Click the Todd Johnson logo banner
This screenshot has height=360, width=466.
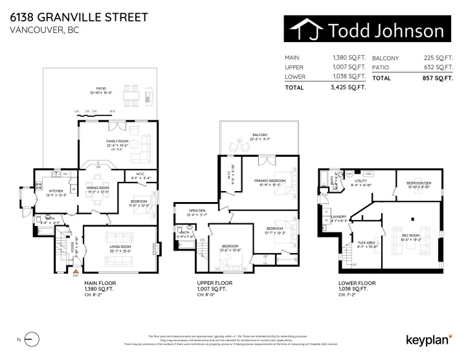(367, 30)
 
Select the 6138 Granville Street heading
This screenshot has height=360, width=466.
(78, 16)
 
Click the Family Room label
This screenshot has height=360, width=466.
(118, 141)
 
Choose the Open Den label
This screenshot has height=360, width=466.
(197, 210)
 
